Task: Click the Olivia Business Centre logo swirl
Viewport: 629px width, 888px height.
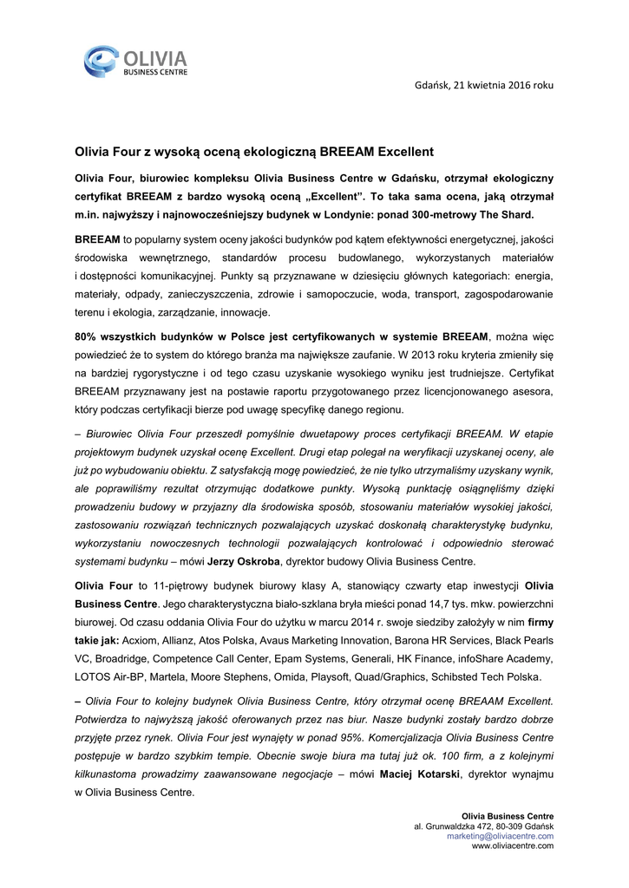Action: point(102,62)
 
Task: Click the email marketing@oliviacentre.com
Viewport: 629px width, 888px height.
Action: point(500,835)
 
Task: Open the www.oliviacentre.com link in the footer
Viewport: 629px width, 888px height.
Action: point(512,846)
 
